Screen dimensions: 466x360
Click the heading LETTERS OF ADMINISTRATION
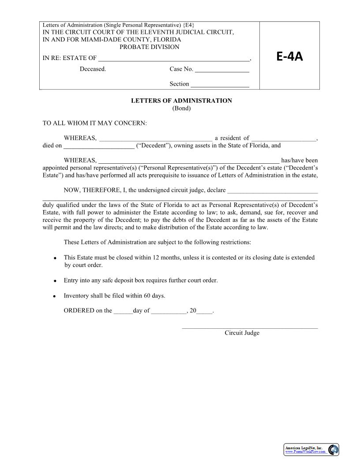[x=181, y=101]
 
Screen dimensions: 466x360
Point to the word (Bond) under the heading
[x=181, y=109]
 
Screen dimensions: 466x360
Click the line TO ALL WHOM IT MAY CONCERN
[x=95, y=123]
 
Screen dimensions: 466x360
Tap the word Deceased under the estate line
[x=93, y=69]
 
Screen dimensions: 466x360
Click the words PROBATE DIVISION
[x=150, y=47]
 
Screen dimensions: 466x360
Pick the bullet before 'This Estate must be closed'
[x=55, y=258]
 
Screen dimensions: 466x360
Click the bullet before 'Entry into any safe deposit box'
[x=55, y=281]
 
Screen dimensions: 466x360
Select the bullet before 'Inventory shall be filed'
[x=55, y=297]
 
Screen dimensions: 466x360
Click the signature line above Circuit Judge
[x=250, y=328]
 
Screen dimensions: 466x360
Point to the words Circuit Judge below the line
[x=242, y=333]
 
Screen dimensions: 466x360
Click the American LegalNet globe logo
[x=333, y=450]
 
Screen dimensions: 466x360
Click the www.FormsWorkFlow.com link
[x=305, y=452]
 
